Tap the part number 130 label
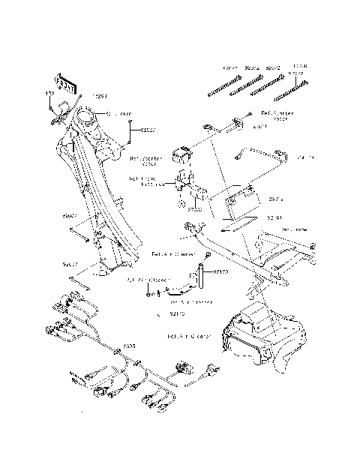point(50,94)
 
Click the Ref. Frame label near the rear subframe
point(294,229)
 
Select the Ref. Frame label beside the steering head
point(118,114)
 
